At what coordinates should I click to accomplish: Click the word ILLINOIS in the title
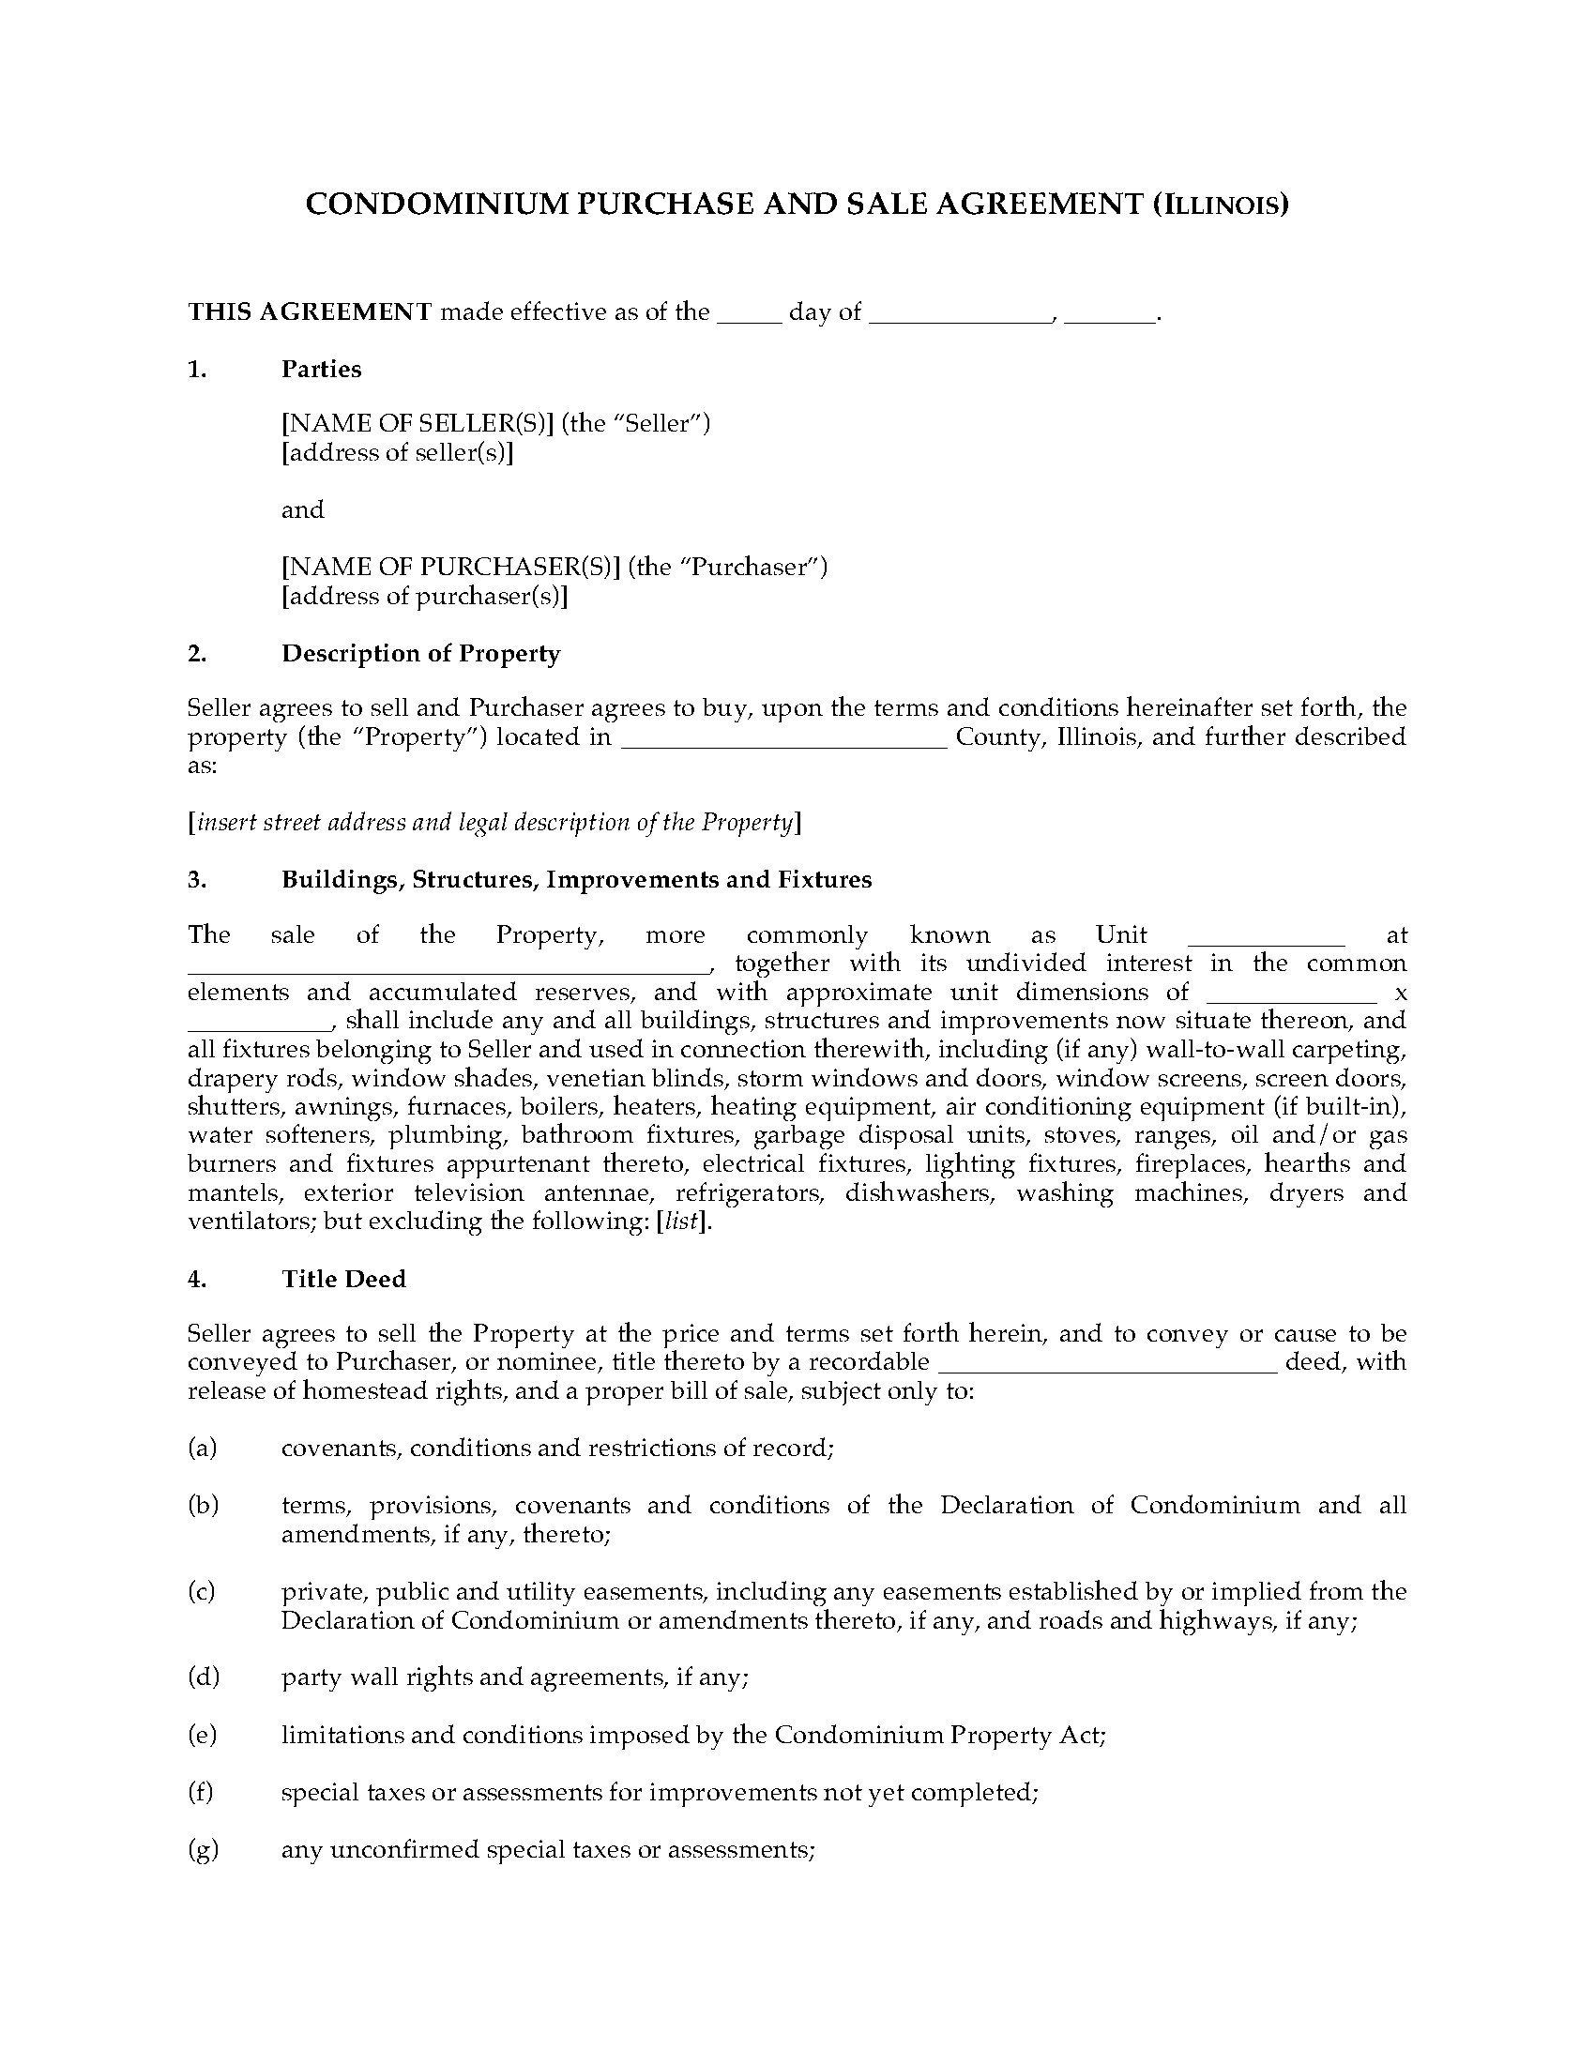point(1220,205)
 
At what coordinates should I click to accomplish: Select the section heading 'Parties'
point(321,370)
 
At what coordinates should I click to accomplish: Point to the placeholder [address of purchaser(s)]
point(425,597)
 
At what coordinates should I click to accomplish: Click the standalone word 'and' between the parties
point(302,510)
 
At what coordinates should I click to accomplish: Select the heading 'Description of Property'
point(420,654)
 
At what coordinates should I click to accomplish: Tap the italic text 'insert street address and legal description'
point(492,823)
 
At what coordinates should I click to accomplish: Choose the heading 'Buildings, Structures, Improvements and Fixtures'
point(576,880)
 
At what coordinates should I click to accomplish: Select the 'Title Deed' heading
point(344,1280)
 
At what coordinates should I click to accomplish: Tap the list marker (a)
point(203,1448)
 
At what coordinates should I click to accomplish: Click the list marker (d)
point(204,1677)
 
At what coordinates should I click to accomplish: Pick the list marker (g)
point(204,1849)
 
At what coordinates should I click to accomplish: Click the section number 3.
point(196,880)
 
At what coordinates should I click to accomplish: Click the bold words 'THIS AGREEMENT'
point(310,311)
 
